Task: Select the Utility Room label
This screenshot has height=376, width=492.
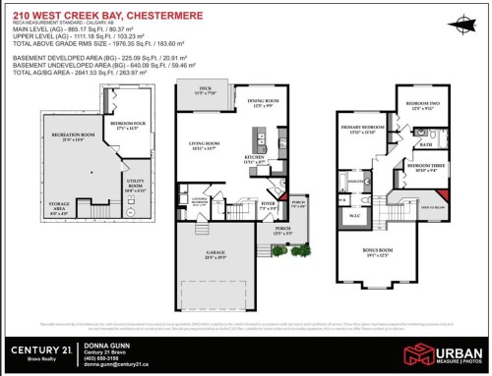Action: tap(136, 183)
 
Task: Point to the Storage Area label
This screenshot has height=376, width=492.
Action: tap(59, 204)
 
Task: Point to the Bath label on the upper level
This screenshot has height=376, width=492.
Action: tap(425, 144)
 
